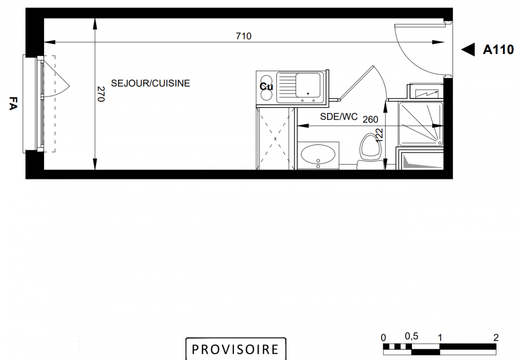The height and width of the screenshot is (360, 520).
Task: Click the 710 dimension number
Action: coord(244,36)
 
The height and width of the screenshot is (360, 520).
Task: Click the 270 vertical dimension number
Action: coord(101,94)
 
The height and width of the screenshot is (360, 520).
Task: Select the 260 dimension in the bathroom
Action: coord(370,119)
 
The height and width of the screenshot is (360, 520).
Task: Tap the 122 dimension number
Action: coord(380,135)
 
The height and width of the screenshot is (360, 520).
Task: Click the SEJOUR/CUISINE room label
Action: coord(150,83)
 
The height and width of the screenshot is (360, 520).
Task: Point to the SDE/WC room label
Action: coord(339,117)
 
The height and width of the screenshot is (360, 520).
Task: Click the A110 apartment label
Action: coord(498,49)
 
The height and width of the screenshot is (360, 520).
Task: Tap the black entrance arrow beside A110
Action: coord(468,49)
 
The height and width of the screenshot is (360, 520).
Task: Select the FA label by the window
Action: coord(13,103)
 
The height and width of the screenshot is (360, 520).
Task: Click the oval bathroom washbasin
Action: coord(318,155)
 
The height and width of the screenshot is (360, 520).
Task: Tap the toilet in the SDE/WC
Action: coord(370,151)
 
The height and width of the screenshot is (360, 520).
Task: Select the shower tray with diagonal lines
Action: coord(421,124)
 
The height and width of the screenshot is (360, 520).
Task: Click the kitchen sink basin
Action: coord(308,85)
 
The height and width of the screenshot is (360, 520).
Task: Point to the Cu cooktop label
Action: coord(266,87)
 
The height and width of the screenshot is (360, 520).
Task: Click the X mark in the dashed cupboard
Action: coord(275,139)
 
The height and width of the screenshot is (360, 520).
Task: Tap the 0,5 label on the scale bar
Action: coord(411,336)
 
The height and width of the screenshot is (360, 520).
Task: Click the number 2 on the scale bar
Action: coord(496,337)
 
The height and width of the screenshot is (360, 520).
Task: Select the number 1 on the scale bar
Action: coord(440,338)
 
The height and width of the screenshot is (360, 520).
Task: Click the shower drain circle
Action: coord(440,143)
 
